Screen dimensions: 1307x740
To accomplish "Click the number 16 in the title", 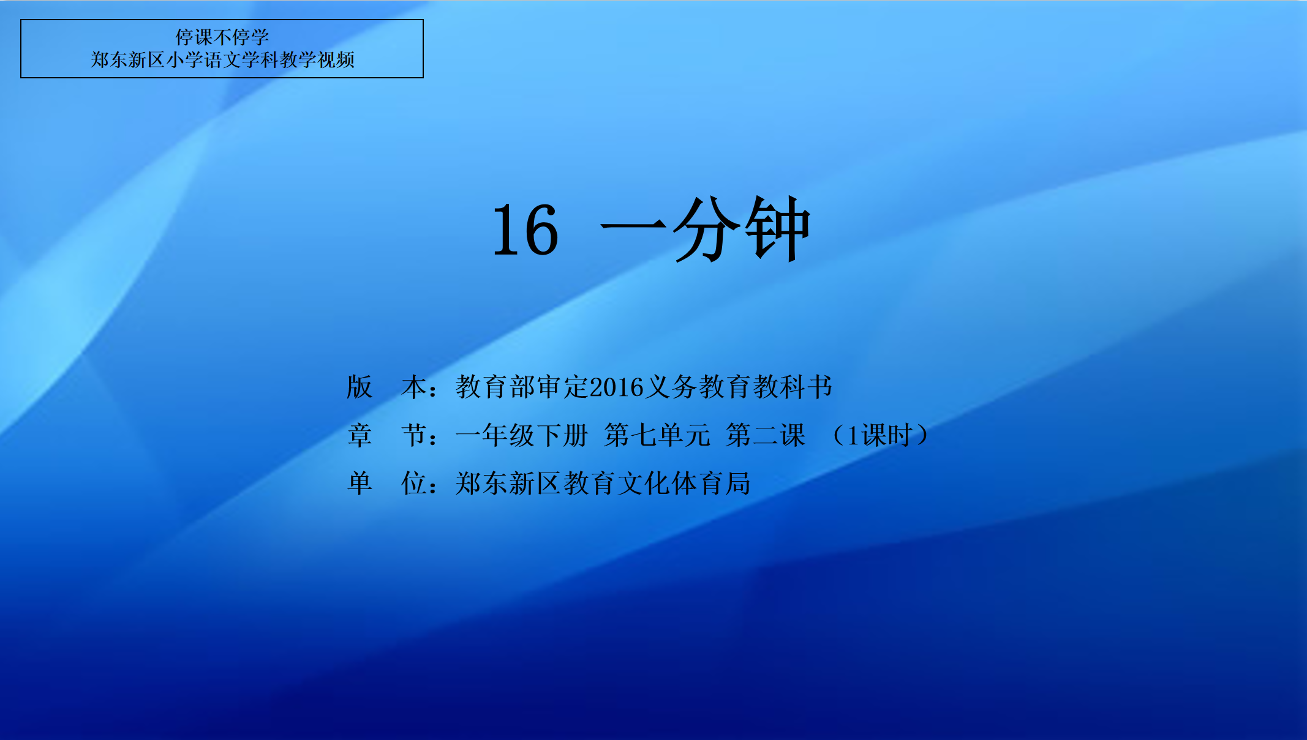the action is point(525,230).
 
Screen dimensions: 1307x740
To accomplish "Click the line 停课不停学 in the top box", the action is point(222,37).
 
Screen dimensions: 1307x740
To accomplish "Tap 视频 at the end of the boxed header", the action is point(336,60).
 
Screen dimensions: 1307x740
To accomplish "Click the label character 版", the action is point(360,387).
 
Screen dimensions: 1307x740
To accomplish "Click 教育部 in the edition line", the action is point(495,387).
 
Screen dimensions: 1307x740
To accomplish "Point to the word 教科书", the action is point(793,387).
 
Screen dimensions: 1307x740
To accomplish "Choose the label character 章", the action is point(360,436).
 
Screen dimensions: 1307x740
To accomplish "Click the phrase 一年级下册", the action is point(522,436).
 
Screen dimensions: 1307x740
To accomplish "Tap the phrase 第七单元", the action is point(657,436).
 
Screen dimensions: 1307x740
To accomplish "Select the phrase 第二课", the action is point(766,436).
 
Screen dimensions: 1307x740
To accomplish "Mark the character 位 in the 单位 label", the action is point(414,484).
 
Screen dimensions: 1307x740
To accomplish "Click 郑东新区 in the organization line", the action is point(508,484).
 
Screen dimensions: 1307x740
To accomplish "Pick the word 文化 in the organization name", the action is point(643,484).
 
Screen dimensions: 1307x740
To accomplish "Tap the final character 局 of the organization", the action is point(738,484).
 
